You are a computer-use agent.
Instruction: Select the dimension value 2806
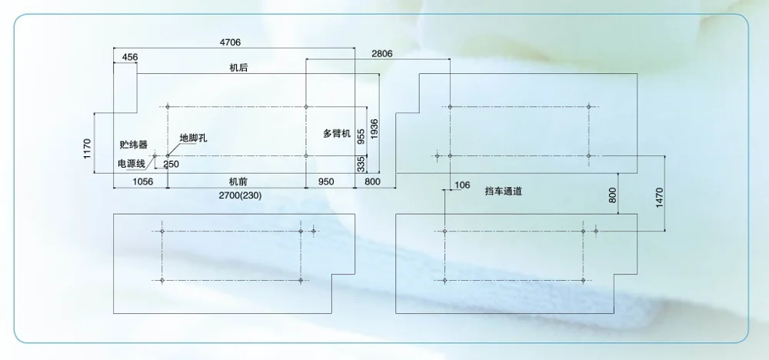click(381, 54)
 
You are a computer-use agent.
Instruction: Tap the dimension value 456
click(130, 58)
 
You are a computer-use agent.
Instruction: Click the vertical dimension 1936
click(374, 130)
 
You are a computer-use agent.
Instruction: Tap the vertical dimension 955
click(361, 137)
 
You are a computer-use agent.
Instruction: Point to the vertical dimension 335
click(361, 163)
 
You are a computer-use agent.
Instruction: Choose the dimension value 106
click(462, 185)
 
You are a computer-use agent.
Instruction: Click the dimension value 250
click(171, 164)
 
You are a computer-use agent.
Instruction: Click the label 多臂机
click(336, 134)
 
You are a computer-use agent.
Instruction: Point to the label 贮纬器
click(132, 144)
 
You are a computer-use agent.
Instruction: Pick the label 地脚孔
click(193, 138)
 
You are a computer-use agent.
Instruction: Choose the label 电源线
click(130, 163)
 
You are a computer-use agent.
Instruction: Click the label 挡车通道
click(504, 191)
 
